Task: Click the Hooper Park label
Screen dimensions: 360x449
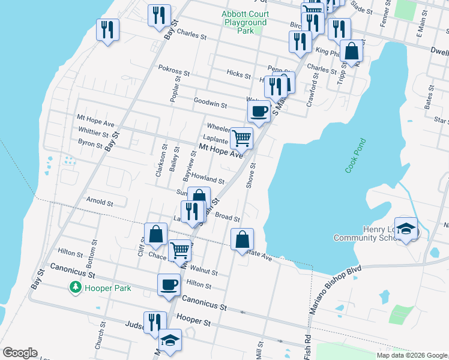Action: coord(108,288)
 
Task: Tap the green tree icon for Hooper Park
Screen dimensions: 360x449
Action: coord(76,288)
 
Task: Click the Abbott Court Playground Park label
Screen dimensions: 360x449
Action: coord(244,22)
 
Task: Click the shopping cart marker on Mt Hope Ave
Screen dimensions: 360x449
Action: coord(242,138)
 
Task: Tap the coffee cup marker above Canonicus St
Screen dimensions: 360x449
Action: coord(169,284)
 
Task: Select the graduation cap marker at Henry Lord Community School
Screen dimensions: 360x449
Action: coord(406,229)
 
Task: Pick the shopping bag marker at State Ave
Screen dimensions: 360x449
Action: coord(242,239)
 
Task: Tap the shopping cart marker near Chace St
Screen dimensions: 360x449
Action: coord(180,250)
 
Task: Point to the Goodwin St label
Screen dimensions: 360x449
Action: coord(210,104)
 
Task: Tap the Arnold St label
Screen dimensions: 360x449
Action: coord(100,202)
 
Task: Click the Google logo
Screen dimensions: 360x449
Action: coord(20,353)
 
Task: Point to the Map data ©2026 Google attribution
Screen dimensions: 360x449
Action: coord(411,355)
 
